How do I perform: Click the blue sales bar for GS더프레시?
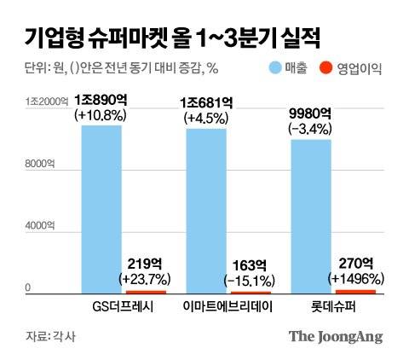tap(101, 209)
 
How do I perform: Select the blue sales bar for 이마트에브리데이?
tap(206, 211)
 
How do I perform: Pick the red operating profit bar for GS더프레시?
tap(147, 292)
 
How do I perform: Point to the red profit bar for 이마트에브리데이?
tap(251, 293)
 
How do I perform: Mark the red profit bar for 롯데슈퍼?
tap(356, 292)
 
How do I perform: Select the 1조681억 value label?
tap(206, 104)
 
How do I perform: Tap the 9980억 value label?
tap(311, 117)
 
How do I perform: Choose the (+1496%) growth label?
tap(356, 278)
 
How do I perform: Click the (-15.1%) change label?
tap(251, 279)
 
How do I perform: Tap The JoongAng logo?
tap(334, 335)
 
